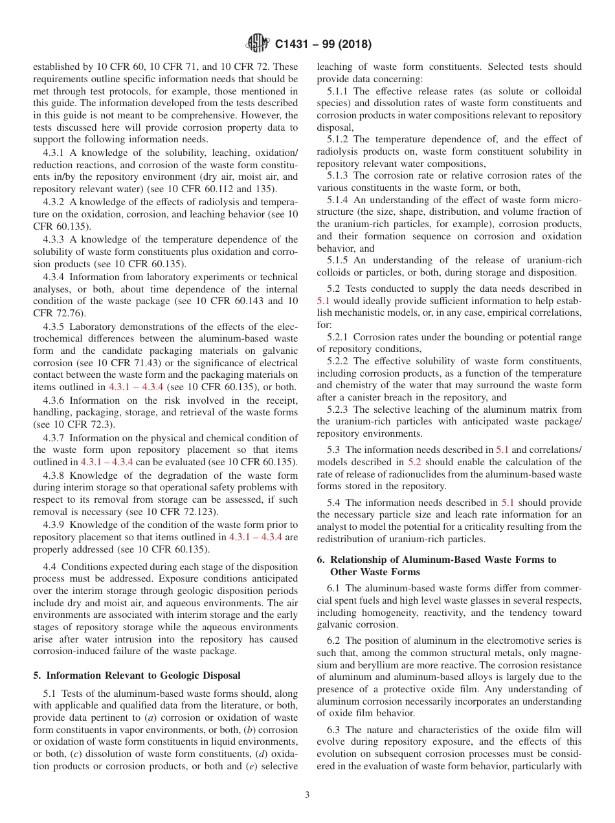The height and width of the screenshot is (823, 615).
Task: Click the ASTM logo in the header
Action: click(258, 45)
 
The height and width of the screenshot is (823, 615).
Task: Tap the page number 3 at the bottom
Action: click(307, 795)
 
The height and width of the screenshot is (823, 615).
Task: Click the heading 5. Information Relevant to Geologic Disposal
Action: click(137, 675)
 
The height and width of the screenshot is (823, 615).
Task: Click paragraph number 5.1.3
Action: click(339, 175)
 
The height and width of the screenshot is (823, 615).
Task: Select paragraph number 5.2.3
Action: click(339, 410)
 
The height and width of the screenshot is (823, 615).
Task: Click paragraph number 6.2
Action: click(334, 641)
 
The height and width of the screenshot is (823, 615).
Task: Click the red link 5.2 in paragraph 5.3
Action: click(414, 462)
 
